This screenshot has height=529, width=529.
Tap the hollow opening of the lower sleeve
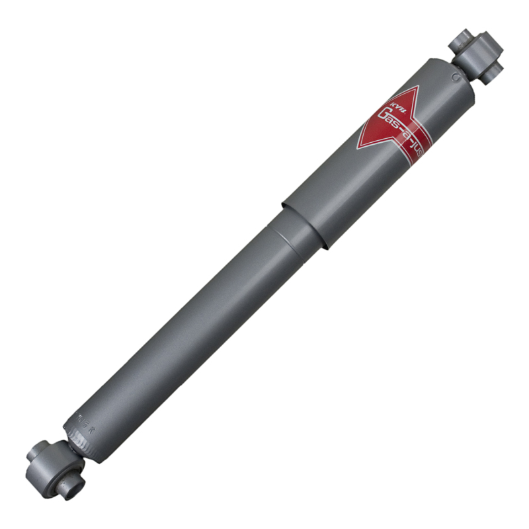(x=66, y=473)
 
